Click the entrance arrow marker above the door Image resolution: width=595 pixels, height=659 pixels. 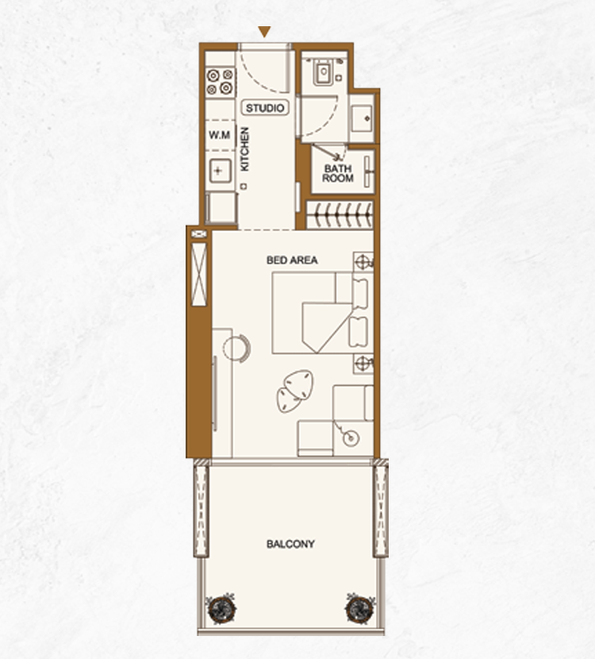(264, 32)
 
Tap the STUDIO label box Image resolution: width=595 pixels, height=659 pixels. (265, 108)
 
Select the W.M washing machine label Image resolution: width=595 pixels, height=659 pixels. (220, 135)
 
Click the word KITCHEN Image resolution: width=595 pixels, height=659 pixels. (244, 149)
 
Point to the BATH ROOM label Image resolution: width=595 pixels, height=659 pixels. (338, 173)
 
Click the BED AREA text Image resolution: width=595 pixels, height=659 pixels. (292, 260)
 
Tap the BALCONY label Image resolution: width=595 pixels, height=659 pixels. (290, 544)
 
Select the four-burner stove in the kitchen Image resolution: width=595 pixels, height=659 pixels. (221, 82)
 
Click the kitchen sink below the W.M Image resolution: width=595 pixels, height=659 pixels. (220, 171)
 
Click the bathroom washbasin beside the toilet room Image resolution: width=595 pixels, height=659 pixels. (362, 119)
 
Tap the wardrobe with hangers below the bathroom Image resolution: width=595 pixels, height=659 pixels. (340, 215)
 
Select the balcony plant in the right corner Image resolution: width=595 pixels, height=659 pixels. (360, 608)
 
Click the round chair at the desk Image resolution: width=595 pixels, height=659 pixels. (237, 348)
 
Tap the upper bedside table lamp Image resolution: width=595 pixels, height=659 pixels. (363, 262)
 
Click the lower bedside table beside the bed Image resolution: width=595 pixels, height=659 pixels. (363, 364)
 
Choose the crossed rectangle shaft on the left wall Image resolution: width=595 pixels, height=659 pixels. (199, 274)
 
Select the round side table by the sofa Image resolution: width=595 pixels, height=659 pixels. (351, 439)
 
